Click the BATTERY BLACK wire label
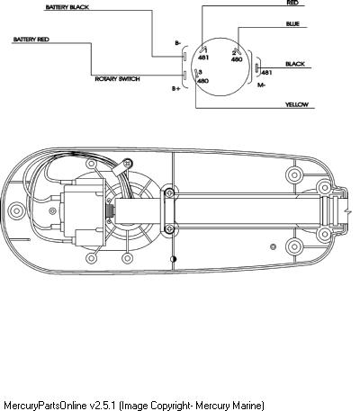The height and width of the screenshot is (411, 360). pos(67,7)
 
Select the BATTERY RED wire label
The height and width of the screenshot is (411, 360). pos(31,40)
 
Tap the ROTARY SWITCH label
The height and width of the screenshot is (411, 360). pos(117,79)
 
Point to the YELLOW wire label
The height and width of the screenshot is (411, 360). pos(297,104)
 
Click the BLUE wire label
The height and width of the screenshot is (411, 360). pos(292,23)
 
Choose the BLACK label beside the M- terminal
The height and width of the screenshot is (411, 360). pos(295,64)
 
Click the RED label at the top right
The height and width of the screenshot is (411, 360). pos(292,3)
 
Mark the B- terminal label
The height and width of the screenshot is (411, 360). pos(178,43)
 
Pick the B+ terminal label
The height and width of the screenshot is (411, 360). pos(176,88)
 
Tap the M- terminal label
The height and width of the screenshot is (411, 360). pos(262,85)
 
